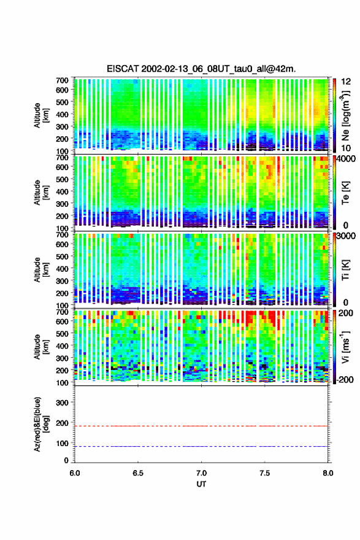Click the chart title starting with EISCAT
(x=201, y=69)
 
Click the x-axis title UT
(x=201, y=484)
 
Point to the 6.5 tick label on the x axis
(x=137, y=473)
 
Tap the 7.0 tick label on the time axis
(x=201, y=473)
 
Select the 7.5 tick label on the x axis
(x=265, y=473)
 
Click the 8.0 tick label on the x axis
(x=328, y=473)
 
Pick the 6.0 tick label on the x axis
(x=75, y=473)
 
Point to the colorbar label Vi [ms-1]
(x=345, y=347)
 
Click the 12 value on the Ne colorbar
(x=346, y=82)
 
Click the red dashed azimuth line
(x=201, y=426)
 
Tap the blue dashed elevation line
(x=201, y=446)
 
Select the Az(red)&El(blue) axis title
(x=40, y=424)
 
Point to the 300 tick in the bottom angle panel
(x=62, y=403)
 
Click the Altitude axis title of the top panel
(x=40, y=115)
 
